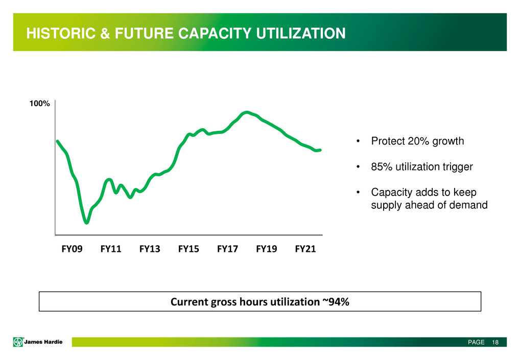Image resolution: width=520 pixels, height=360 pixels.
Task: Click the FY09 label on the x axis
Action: [x=72, y=249]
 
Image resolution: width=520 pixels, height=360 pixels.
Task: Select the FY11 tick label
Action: [x=111, y=249]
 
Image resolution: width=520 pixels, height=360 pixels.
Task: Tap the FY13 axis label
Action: [x=150, y=249]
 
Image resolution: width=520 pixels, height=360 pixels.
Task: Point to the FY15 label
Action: [x=188, y=249]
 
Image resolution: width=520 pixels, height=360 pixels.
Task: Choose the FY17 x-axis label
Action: [x=227, y=249]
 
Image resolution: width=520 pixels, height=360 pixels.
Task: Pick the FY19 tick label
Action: [x=267, y=249]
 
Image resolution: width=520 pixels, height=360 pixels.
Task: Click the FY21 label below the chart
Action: [x=305, y=249]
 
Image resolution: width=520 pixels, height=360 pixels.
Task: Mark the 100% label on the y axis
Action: [x=39, y=104]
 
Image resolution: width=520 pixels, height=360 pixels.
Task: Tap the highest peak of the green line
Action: [x=247, y=112]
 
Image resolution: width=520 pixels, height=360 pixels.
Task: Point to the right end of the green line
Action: [x=320, y=150]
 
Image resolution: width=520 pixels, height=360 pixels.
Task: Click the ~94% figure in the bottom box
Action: [x=335, y=302]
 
